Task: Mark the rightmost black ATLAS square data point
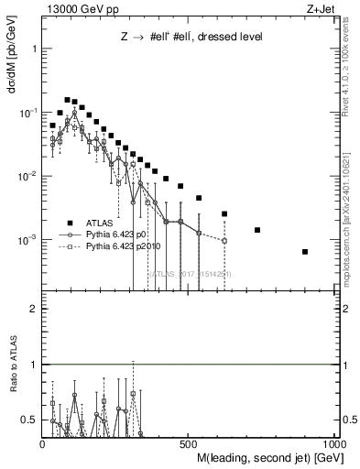point(305,252)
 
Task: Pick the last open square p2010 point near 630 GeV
point(224,241)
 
